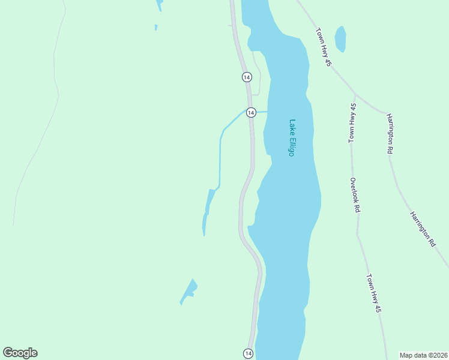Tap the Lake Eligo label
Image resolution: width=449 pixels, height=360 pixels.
pos(292,137)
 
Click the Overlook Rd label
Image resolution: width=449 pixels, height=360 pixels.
pos(355,195)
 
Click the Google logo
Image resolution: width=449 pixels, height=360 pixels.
pos(20,353)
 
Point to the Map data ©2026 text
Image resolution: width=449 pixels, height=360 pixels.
pos(423,355)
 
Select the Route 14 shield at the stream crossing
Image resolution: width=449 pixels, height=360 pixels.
pos(251,112)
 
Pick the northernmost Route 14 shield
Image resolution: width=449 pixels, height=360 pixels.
pos(247,77)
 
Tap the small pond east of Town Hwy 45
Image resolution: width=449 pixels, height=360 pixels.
pos(340,39)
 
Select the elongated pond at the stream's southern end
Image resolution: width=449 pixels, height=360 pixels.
pos(207,210)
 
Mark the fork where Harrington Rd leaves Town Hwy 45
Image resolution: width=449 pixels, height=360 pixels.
pos(355,94)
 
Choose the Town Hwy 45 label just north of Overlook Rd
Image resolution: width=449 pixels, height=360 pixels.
pos(352,122)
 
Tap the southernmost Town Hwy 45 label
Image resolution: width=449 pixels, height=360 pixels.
pos(373,293)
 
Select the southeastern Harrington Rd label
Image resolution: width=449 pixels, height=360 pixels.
pos(423,229)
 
